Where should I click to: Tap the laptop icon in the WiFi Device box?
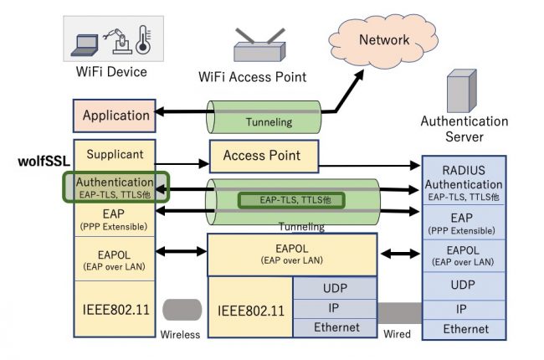click(86, 39)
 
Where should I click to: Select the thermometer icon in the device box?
click(142, 38)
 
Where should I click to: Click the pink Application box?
click(115, 116)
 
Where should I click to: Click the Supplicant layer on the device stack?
click(115, 155)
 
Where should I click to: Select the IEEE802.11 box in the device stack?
click(115, 308)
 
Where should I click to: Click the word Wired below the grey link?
click(397, 335)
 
